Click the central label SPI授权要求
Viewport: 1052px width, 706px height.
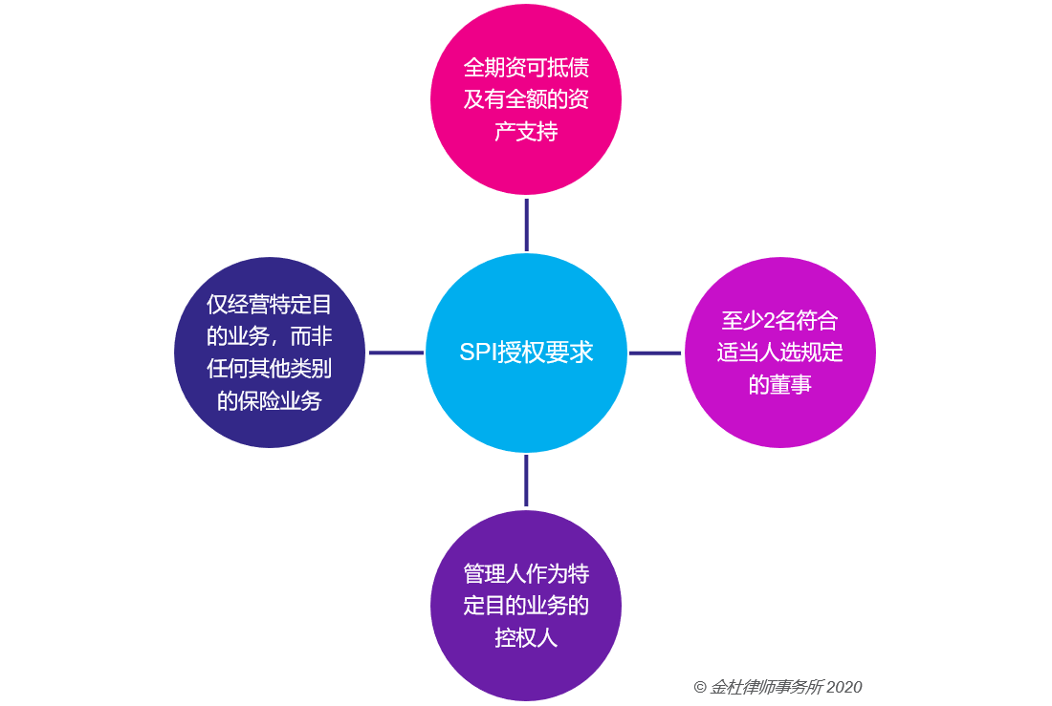pos(526,352)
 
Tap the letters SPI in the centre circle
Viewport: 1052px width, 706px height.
pos(476,352)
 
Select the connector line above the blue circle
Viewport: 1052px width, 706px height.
pos(527,225)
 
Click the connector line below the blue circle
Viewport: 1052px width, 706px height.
pos(526,480)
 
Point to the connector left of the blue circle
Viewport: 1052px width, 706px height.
pos(396,353)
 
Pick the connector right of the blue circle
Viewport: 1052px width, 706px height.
pos(655,353)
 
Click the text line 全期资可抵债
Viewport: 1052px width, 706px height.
pos(526,67)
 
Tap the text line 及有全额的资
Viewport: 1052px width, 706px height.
pos(526,99)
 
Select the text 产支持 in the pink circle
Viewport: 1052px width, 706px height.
pos(526,132)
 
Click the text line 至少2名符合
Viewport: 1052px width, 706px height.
pos(779,320)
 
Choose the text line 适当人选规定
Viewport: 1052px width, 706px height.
pos(779,353)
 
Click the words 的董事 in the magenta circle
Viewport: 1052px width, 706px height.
pos(779,385)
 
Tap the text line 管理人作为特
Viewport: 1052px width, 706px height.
pos(526,574)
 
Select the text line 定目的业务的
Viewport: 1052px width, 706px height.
pos(526,606)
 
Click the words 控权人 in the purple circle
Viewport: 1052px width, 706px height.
pos(526,638)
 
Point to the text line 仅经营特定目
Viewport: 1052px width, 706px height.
pos(269,305)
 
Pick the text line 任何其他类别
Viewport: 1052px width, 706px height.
pos(269,369)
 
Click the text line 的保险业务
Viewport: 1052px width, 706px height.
pos(269,401)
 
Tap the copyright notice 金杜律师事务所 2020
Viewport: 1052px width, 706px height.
pos(778,687)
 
